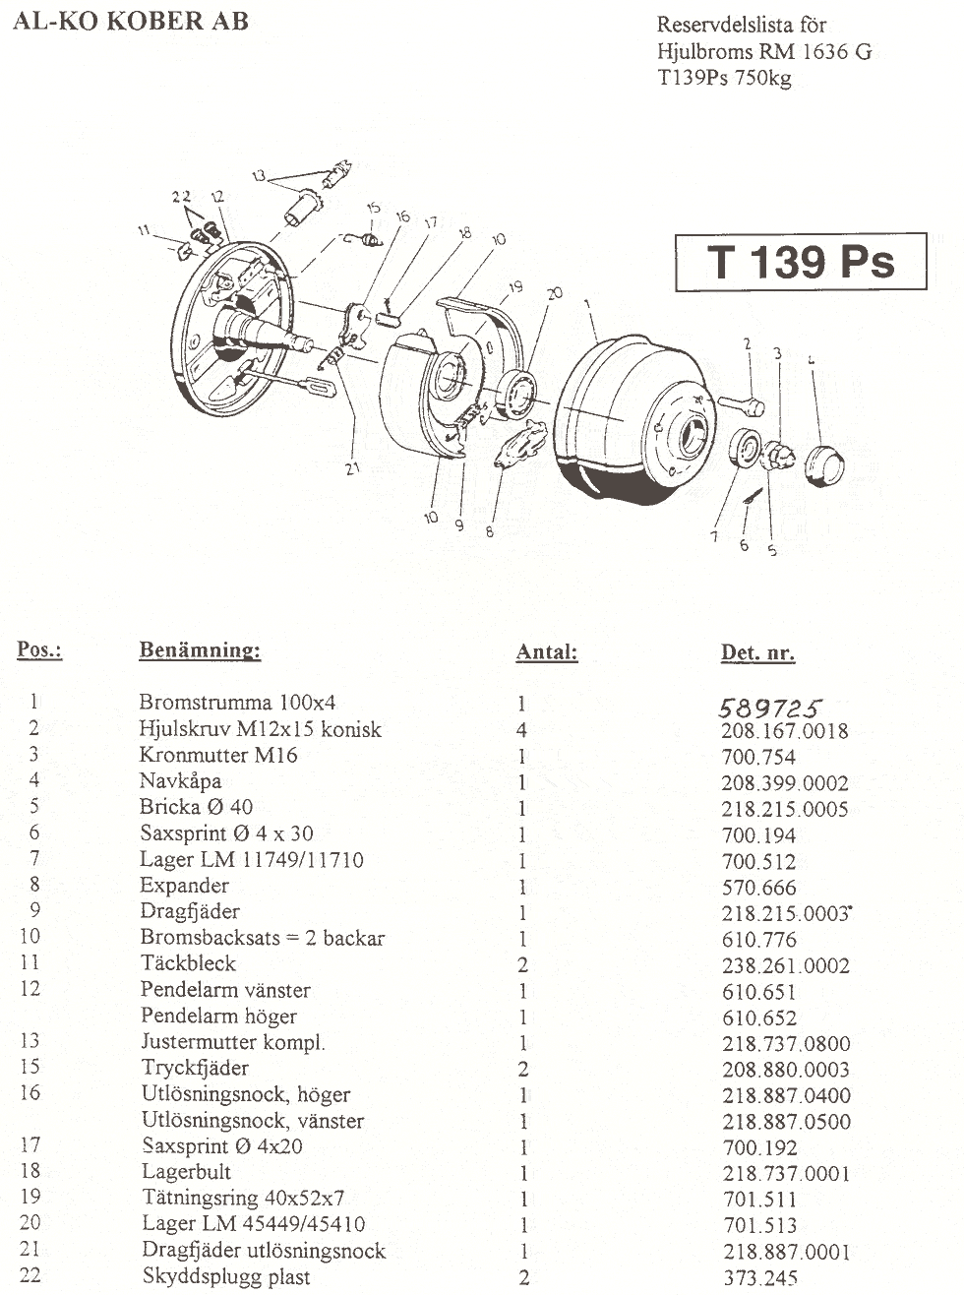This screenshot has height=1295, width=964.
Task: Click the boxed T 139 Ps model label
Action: click(801, 262)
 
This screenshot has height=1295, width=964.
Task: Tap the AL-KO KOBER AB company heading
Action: click(131, 22)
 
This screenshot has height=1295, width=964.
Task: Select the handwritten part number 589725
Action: click(770, 708)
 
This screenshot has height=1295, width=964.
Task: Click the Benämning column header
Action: click(200, 649)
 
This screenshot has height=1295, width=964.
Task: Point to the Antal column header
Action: click(547, 651)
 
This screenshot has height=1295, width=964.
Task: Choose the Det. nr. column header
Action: click(757, 652)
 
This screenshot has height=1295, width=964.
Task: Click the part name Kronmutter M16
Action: click(218, 755)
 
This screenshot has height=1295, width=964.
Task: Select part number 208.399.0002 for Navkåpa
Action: click(785, 782)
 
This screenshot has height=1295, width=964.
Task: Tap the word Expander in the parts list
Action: click(185, 885)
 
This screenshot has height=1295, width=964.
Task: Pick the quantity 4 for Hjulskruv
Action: click(521, 730)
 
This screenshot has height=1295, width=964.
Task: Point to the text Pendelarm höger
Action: click(219, 1016)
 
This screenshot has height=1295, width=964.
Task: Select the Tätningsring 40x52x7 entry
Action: click(244, 1199)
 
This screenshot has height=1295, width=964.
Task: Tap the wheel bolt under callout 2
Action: click(742, 404)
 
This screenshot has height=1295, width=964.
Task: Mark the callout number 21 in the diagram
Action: click(352, 467)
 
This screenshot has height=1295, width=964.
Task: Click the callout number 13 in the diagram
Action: click(260, 175)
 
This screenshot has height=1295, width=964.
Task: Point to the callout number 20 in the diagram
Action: click(555, 292)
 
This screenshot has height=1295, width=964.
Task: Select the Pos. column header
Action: click(39, 649)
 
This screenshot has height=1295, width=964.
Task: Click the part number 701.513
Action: click(760, 1225)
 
